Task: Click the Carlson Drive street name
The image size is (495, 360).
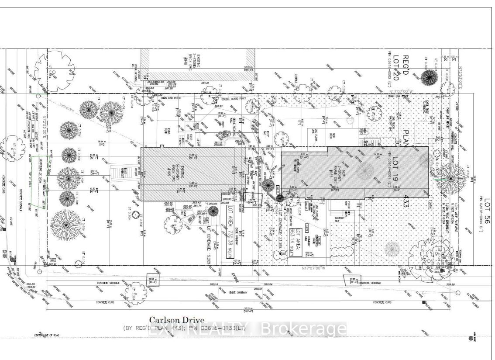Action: (176, 320)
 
